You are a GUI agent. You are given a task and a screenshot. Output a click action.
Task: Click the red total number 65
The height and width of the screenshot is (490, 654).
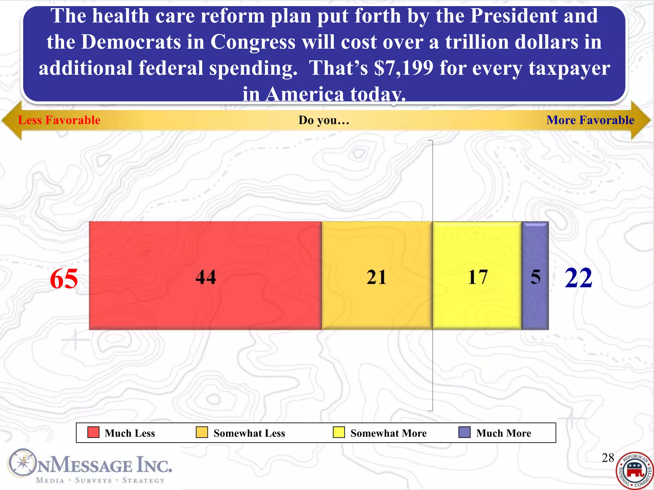(64, 278)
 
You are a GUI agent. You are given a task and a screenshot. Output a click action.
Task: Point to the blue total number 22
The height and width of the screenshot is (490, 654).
(578, 278)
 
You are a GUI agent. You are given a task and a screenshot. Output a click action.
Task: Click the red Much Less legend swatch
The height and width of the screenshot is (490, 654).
(93, 432)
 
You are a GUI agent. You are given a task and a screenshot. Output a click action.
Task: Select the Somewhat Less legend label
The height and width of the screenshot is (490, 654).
(249, 433)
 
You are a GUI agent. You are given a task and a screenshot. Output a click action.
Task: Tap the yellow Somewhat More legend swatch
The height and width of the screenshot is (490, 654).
(338, 432)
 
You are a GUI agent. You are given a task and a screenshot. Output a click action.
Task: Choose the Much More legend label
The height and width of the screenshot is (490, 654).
(504, 433)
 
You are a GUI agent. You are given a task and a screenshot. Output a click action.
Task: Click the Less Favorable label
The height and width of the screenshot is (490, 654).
(59, 120)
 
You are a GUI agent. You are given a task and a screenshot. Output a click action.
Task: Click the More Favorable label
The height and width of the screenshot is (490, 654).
(590, 120)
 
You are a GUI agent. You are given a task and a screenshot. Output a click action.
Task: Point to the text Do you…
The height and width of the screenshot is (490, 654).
(324, 120)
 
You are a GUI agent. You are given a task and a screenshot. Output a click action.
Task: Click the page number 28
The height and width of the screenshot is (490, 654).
(608, 458)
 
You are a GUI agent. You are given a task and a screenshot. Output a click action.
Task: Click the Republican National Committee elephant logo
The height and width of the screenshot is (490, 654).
(635, 471)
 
